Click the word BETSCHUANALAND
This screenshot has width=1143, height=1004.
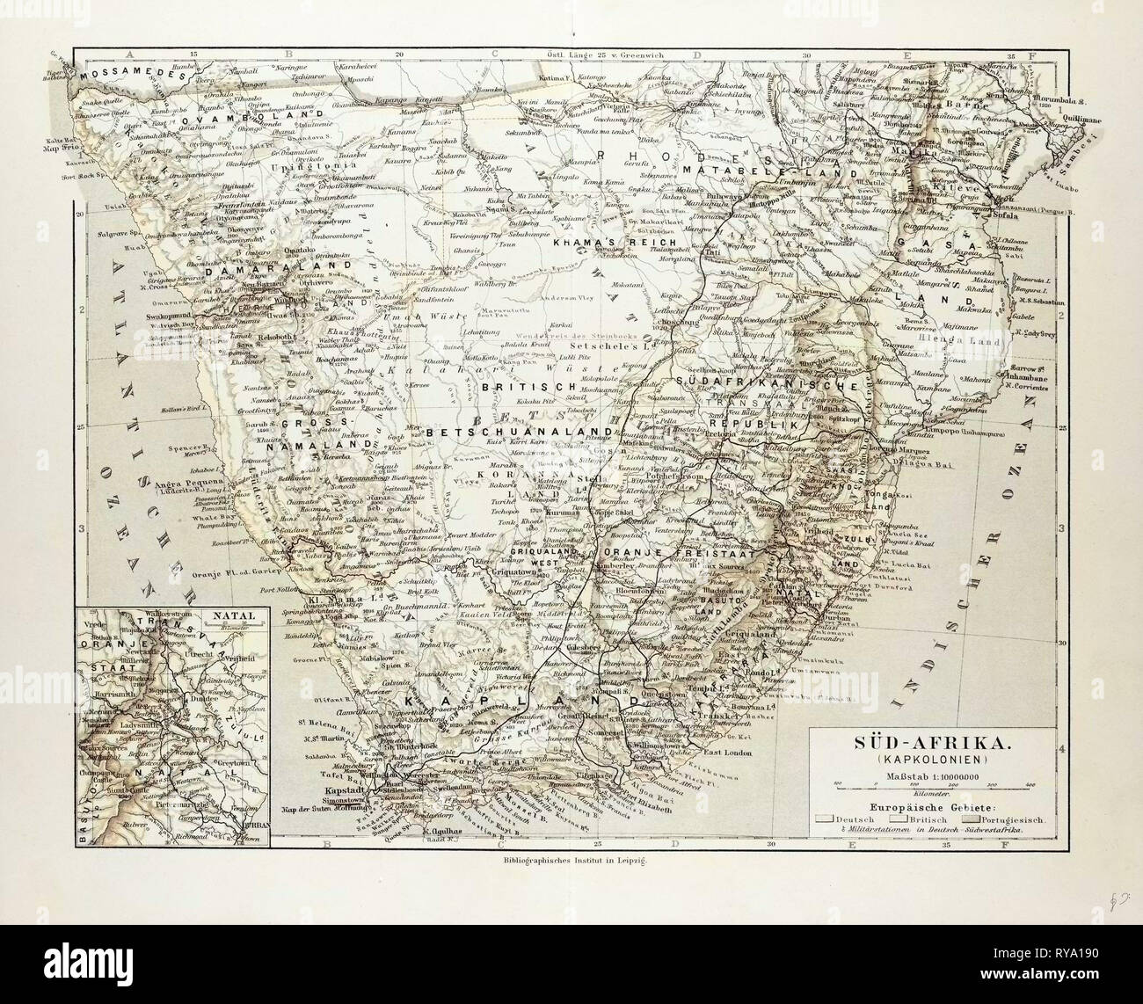tap(519, 432)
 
